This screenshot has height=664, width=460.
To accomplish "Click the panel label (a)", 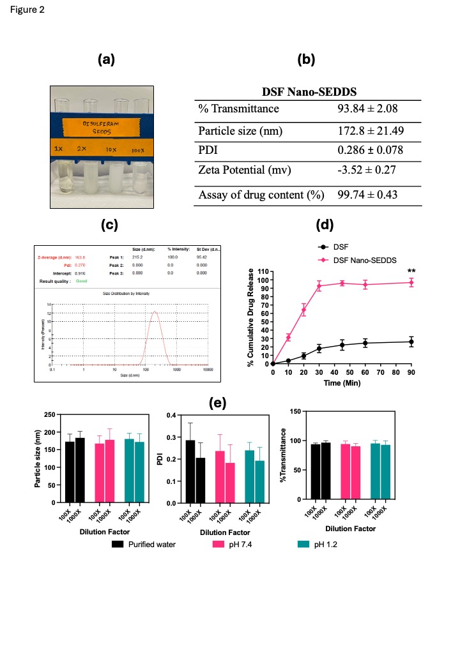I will [106, 60].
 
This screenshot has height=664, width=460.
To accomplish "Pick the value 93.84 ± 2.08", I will [367, 109].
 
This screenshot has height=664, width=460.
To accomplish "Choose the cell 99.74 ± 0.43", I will [367, 193].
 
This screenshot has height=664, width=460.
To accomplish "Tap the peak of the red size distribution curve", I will [155, 312].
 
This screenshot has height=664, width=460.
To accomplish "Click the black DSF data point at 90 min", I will [411, 342].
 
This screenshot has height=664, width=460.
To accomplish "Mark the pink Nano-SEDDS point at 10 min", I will [288, 337].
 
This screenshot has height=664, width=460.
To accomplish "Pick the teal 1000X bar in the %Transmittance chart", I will [385, 472].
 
